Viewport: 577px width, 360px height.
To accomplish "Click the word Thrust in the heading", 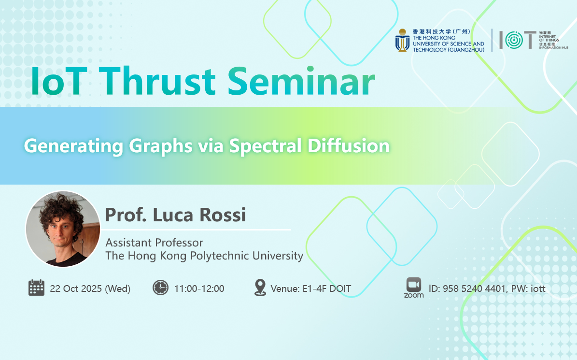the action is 157,82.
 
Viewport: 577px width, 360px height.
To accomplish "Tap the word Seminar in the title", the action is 301,82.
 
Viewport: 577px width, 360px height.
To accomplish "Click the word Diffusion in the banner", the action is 349,146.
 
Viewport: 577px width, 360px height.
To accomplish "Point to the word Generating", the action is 73,146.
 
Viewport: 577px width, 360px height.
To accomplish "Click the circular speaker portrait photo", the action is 63,229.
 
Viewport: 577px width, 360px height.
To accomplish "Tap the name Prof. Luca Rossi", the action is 176,215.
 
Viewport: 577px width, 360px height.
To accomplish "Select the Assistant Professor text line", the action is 154,243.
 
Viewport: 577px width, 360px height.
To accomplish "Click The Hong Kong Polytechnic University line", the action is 204,256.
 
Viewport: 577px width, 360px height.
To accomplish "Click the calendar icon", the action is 36,288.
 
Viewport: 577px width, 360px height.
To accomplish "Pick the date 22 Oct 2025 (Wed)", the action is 90,288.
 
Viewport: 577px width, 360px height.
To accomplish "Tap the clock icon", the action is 160,288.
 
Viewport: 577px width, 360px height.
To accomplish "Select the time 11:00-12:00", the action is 199,288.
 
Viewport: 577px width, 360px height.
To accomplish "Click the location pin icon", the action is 260,288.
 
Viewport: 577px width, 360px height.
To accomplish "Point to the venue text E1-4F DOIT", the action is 327,288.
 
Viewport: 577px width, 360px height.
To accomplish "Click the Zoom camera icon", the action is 414,285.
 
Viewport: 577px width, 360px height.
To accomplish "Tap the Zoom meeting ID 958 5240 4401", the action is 474,288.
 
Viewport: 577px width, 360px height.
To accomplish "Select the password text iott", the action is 538,288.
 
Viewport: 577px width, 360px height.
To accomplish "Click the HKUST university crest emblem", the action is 403,41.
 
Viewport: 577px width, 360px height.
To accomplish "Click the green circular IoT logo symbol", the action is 514,40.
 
